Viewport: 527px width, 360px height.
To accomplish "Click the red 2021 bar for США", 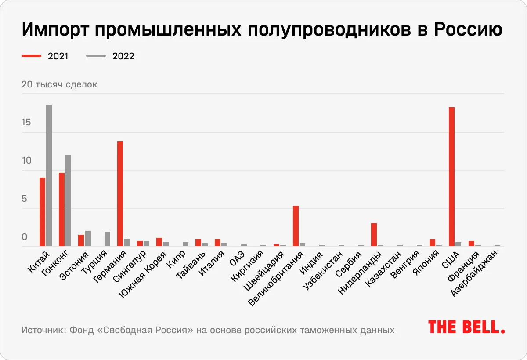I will (451, 177).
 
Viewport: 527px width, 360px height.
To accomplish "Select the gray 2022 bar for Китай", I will (49, 176).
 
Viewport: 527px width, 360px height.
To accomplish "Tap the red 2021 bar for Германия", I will (120, 193).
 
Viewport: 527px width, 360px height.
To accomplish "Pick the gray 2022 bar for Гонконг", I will (68, 200).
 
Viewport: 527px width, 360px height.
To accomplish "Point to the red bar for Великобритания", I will (296, 226).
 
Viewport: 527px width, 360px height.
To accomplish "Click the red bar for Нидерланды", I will (374, 235).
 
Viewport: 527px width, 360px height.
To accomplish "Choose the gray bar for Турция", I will (107, 239).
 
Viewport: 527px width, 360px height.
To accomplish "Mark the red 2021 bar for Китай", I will (42, 212).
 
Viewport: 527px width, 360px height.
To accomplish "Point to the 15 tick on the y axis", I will (26, 122).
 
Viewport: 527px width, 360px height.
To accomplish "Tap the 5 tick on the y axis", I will (25, 199).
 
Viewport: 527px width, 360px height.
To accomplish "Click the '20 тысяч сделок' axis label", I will (59, 84).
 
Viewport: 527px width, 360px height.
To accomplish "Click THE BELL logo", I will (466, 327).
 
